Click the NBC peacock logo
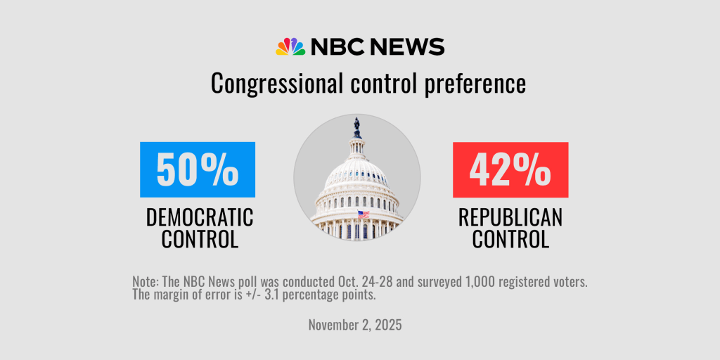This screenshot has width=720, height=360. point(290,47)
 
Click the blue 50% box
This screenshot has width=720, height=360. point(198,169)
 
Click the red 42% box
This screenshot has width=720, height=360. point(510,169)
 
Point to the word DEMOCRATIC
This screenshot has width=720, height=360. point(199,217)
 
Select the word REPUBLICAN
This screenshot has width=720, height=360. point(510,217)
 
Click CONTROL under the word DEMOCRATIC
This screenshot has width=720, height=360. point(199,239)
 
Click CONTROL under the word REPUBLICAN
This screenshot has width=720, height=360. point(510,239)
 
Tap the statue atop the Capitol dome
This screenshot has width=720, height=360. point(357,127)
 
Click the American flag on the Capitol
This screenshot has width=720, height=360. point(363,214)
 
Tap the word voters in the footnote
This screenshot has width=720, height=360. point(568,281)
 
